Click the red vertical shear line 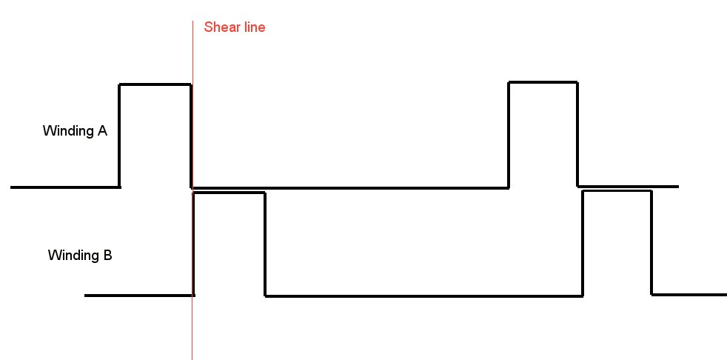[192, 190]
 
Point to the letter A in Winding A [102, 131]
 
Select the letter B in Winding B [107, 255]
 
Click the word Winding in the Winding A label [68, 132]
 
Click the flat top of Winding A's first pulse [155, 84]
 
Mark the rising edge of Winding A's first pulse [120, 136]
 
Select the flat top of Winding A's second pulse [543, 82]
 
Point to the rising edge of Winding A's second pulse [509, 135]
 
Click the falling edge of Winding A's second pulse [577, 134]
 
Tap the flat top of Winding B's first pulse [229, 193]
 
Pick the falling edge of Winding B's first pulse [265, 244]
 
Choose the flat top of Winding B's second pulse [617, 191]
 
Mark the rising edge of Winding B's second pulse [583, 243]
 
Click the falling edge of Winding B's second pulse [652, 243]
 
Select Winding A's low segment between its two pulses [350, 188]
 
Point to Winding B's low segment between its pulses [423, 296]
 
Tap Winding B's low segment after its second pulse [689, 295]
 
